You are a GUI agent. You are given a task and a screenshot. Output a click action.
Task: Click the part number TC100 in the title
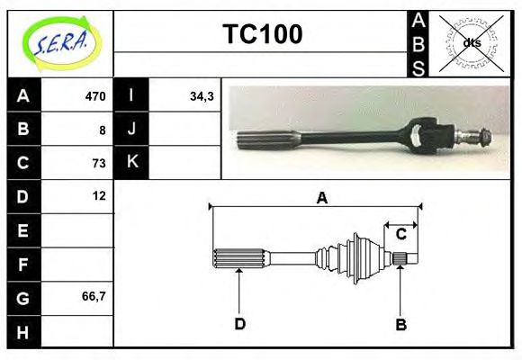click(262, 34)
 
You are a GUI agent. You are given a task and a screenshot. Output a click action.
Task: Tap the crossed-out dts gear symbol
click(471, 42)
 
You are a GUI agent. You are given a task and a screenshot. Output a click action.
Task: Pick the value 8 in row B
click(103, 130)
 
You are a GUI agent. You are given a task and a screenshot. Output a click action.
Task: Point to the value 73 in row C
click(99, 163)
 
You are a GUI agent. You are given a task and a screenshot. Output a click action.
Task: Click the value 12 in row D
click(99, 195)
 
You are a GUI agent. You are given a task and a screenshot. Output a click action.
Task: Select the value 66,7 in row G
click(94, 296)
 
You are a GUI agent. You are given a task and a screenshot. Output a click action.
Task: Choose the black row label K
click(132, 163)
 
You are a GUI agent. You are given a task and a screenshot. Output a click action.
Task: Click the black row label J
click(132, 130)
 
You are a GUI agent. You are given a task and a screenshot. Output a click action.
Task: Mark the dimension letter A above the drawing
click(320, 199)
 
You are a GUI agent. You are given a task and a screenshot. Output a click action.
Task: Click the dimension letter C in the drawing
click(401, 234)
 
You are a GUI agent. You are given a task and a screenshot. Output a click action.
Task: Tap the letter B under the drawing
click(401, 324)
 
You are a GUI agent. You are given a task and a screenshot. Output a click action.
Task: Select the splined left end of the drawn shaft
click(238, 258)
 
